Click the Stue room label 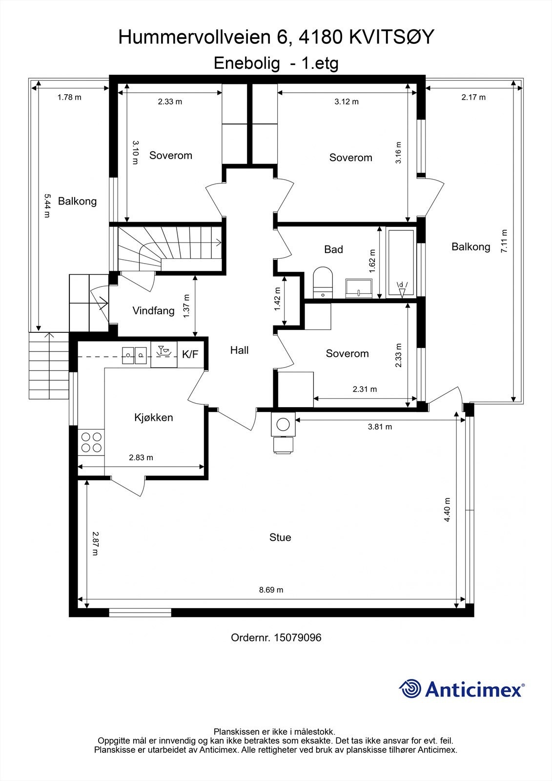[280, 537]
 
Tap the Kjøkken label [154, 417]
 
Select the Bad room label [333, 249]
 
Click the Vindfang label [153, 310]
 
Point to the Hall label [239, 350]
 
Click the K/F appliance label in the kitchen [190, 354]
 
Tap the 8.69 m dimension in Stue [271, 590]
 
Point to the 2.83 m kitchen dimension [141, 457]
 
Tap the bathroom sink [359, 288]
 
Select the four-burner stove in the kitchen [91, 442]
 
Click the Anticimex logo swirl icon [410, 689]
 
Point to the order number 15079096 [298, 637]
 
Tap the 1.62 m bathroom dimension [373, 261]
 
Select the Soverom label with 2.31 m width [347, 353]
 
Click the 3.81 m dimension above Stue [380, 427]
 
